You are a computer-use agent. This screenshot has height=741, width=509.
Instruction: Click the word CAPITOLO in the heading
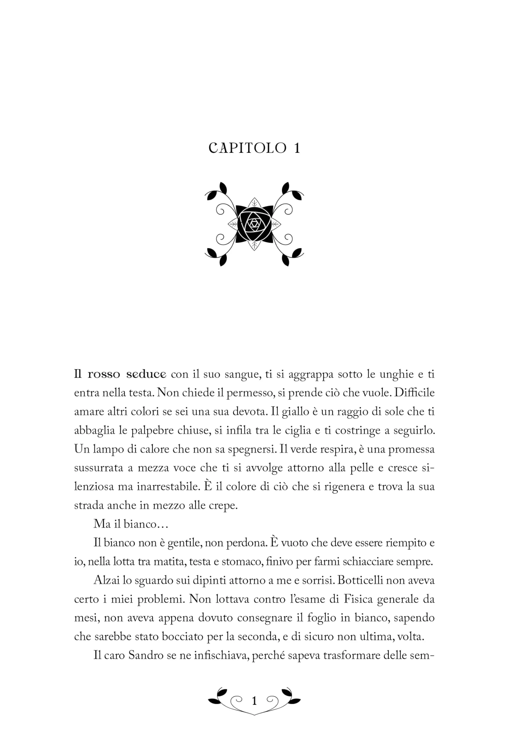pos(248,148)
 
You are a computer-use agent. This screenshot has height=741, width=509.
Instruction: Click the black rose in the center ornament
pos(254,224)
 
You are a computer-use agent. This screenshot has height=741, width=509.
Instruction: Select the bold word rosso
pos(104,374)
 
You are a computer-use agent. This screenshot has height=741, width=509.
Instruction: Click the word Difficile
pos(414,393)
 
